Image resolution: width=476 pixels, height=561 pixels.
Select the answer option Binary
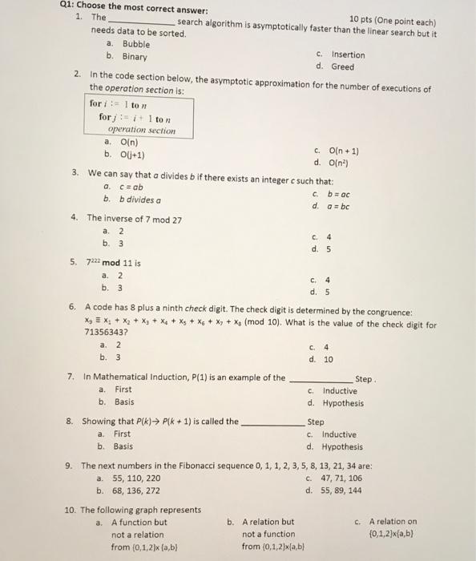pos(135,57)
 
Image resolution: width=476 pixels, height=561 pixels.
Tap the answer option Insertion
pos(348,54)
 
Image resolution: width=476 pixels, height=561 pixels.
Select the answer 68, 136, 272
pos(138,490)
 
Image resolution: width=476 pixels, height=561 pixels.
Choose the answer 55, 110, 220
pos(138,478)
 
